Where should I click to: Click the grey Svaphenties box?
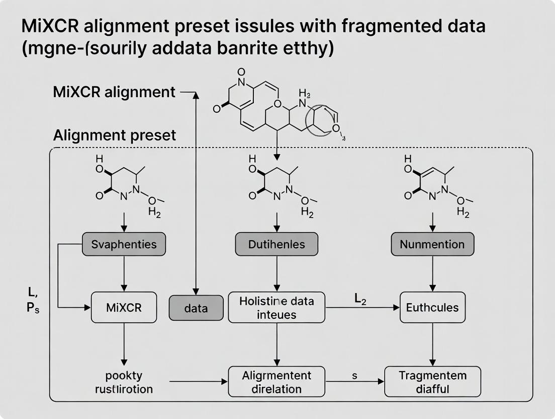(124, 245)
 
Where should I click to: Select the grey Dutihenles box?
(276, 245)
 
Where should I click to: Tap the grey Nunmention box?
(432, 245)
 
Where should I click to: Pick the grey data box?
(196, 308)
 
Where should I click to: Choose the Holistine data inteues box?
(276, 307)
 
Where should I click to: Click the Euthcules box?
(432, 307)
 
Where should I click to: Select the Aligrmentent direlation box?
(277, 382)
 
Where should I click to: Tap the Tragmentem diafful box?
(432, 382)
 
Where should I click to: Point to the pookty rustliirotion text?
(124, 382)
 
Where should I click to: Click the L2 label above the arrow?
(360, 299)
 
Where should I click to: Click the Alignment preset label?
(115, 135)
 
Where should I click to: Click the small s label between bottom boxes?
(354, 376)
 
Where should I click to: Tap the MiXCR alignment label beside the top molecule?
(114, 92)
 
